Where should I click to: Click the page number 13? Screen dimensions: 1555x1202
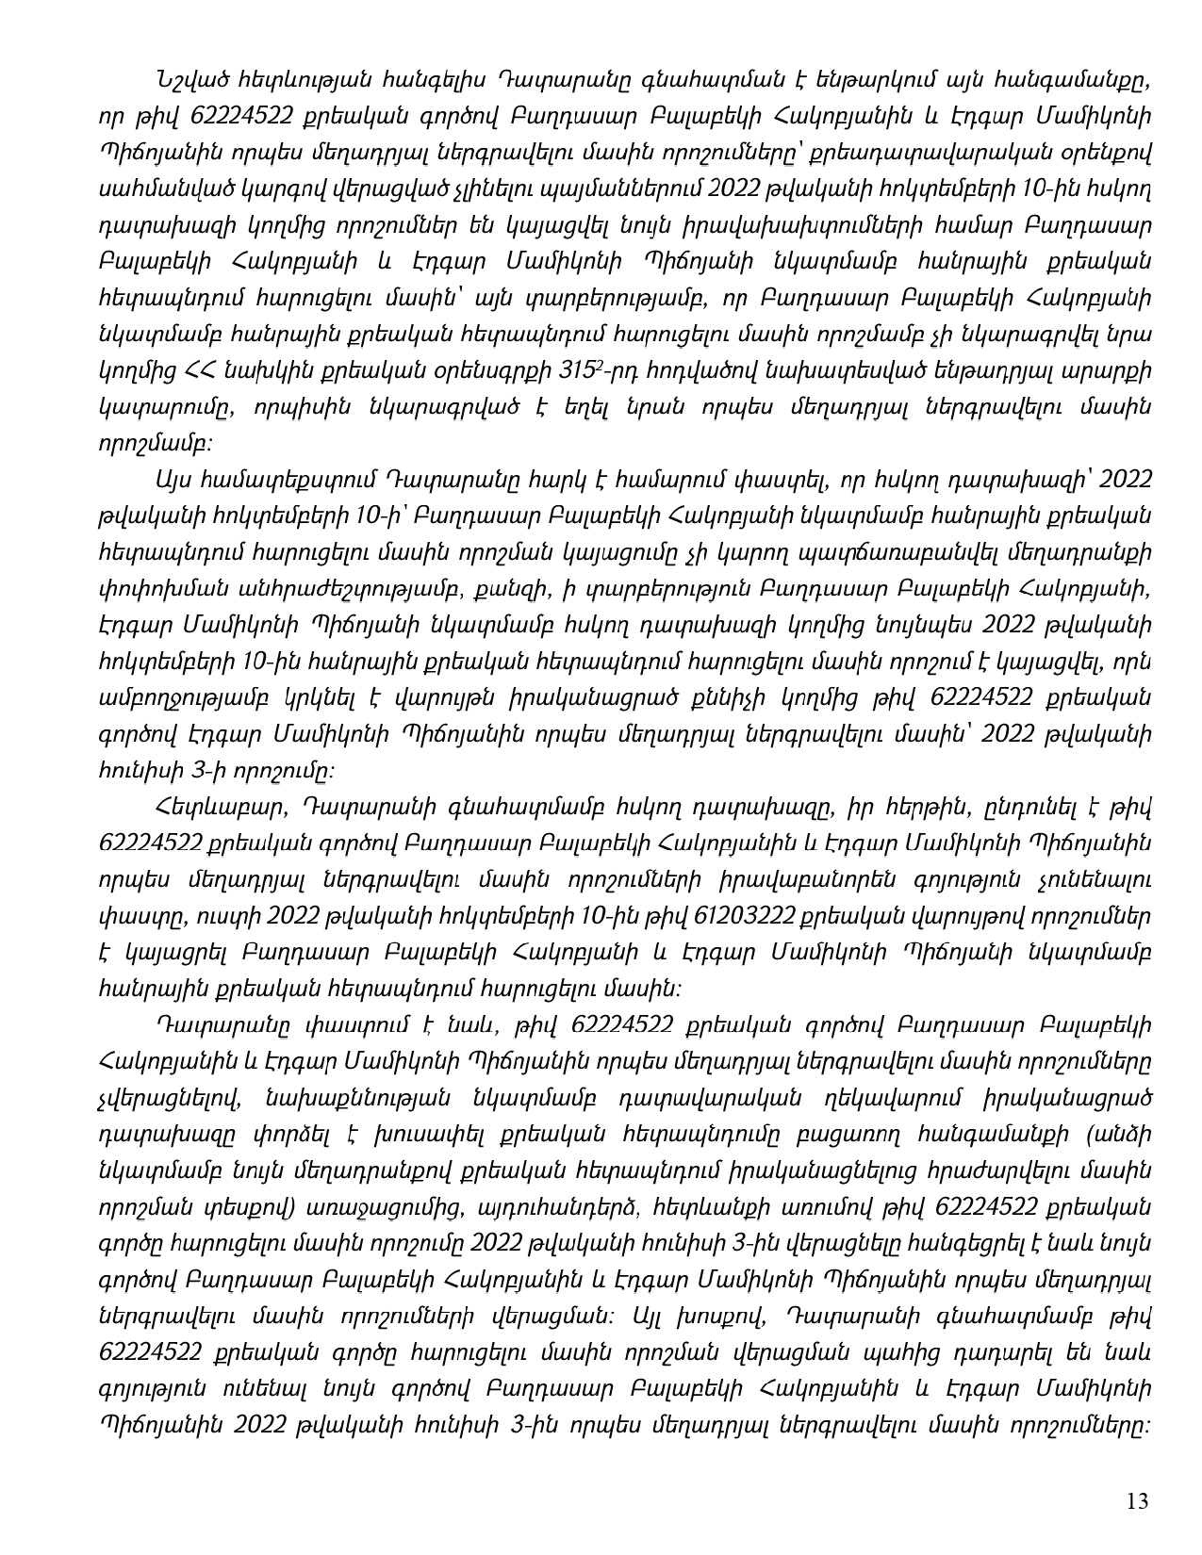pos(1138,1501)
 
